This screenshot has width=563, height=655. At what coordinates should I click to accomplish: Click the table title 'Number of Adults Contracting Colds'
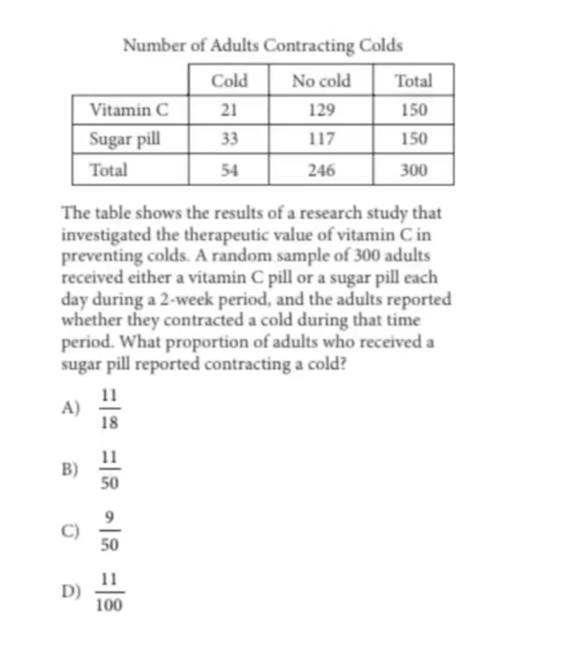point(262,45)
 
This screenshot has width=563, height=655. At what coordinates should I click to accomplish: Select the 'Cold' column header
point(229,80)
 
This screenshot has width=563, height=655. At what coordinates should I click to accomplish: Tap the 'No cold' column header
point(321,80)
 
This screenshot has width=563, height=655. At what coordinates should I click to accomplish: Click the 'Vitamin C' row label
point(129,109)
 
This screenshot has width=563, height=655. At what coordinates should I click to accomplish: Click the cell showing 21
point(229,109)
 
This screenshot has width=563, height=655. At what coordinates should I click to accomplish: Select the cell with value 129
point(321,109)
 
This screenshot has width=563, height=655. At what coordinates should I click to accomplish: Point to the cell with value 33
point(229,139)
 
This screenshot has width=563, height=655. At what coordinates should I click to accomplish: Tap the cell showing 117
point(321,139)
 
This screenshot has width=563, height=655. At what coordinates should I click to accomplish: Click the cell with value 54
point(229,169)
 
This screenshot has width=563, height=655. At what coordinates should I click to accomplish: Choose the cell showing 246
point(321,169)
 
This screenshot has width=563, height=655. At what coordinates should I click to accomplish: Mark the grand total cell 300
point(413,169)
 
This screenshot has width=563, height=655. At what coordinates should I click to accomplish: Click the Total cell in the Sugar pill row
point(413,139)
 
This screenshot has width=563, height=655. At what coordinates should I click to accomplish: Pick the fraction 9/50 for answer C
point(110,531)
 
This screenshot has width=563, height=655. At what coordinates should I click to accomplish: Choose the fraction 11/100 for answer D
point(109,593)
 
